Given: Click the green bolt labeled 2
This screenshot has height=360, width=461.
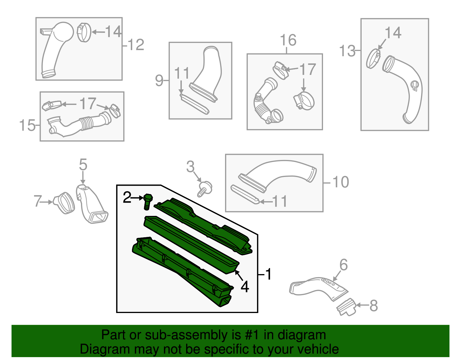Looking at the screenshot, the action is coord(148,202).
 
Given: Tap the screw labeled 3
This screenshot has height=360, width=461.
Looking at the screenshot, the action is coord(205,189).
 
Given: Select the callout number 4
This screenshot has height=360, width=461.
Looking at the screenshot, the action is coord(245,287).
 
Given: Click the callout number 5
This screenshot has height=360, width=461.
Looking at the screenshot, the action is coord(83,164).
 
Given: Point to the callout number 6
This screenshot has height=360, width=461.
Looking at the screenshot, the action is coord(344,265).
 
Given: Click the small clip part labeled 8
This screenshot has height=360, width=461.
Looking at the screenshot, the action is coord(346,307).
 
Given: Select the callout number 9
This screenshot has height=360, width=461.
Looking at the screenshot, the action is coord(159,81).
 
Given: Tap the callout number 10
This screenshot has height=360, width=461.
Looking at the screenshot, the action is coord(341,182).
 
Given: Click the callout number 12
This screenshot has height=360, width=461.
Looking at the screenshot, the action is coord(136,45).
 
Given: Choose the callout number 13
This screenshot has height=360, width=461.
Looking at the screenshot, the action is coord(347,51).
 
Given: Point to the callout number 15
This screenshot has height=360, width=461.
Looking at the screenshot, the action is coord(27,125).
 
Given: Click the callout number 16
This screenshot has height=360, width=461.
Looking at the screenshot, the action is coord(288,40).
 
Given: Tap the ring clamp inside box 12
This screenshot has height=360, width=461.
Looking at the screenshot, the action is coord(84,32).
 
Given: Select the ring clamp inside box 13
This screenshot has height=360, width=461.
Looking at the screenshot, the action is coord(373,59).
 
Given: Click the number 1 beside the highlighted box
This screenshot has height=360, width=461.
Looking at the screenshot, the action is coord(268,274).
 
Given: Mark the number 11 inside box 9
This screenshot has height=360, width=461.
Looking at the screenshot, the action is coord(182,73).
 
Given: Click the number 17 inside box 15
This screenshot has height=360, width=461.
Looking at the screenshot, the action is coord(88,104).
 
